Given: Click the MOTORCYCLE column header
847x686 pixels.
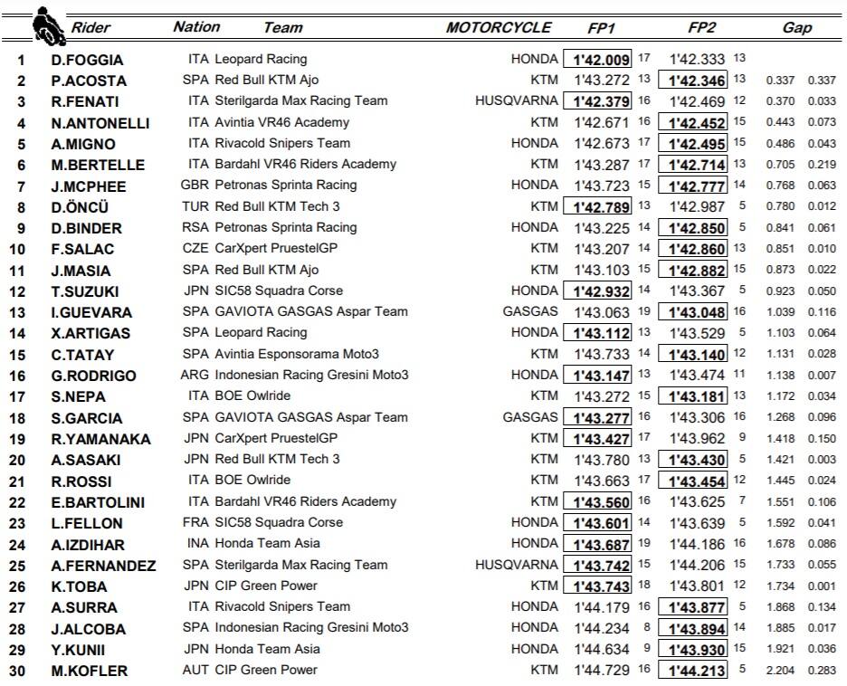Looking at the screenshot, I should (498, 27).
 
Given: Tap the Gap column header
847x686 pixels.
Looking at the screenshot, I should (796, 27).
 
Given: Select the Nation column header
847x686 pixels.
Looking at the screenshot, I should (196, 26).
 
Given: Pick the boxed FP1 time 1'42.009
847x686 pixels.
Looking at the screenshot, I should (597, 60).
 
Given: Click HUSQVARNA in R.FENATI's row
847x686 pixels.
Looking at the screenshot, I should (517, 101).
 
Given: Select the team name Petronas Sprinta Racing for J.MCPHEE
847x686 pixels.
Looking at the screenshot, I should (285, 185).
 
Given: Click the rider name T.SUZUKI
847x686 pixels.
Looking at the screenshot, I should (86, 291).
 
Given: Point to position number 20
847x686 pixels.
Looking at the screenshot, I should (20, 460).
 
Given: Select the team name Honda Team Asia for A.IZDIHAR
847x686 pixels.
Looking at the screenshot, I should (266, 543).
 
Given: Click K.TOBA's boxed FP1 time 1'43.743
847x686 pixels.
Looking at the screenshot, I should (597, 586).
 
